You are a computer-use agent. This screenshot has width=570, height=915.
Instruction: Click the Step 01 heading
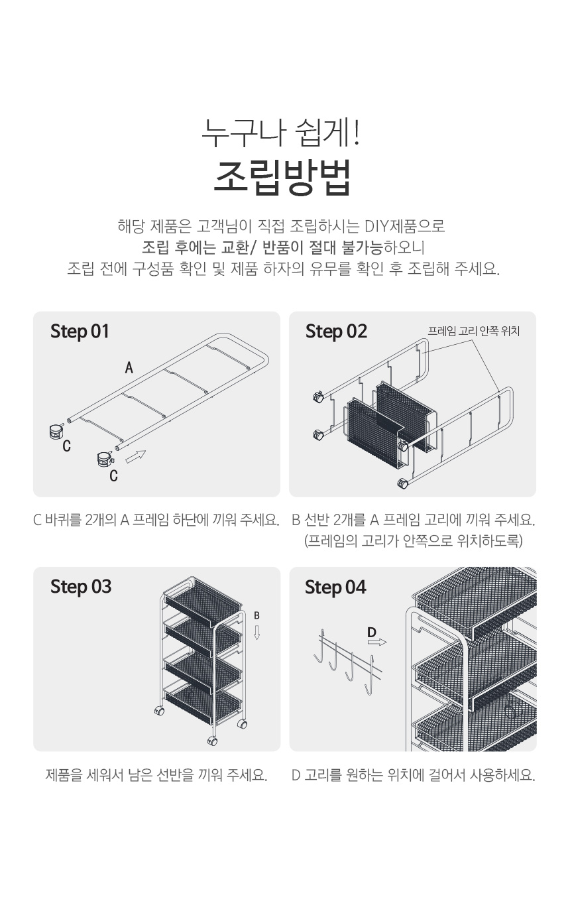(x=80, y=332)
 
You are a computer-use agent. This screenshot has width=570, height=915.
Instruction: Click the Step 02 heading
(x=336, y=332)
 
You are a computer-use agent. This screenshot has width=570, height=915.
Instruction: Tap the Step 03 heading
(x=81, y=587)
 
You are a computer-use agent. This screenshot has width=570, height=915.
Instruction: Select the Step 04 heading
(x=335, y=587)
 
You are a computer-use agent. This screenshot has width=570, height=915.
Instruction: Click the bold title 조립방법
(x=282, y=178)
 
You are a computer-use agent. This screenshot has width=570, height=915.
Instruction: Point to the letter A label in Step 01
(x=129, y=367)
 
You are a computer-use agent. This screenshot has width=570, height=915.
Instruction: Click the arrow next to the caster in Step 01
(x=136, y=457)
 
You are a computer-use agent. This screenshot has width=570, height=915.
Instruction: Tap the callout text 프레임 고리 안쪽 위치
(x=473, y=331)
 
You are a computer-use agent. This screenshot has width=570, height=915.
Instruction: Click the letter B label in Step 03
(x=256, y=615)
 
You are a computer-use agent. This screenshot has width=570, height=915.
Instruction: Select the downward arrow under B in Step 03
(x=256, y=633)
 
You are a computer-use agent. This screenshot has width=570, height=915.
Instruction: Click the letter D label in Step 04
(x=372, y=633)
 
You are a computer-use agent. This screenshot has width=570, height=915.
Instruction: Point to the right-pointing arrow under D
(x=377, y=642)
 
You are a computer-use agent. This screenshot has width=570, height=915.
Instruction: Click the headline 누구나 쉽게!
(x=281, y=133)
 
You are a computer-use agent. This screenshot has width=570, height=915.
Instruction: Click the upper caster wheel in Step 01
(x=56, y=431)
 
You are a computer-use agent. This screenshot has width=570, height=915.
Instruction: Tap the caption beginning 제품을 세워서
(x=156, y=774)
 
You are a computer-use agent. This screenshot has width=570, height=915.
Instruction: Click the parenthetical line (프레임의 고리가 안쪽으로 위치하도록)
(x=413, y=541)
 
